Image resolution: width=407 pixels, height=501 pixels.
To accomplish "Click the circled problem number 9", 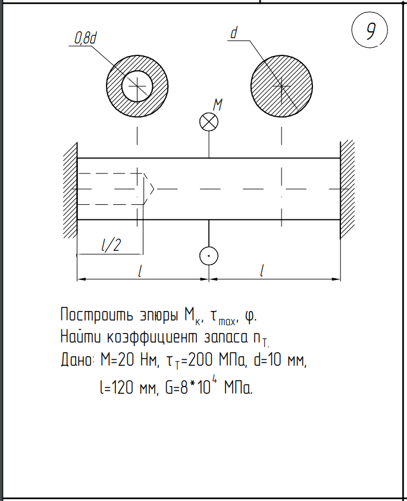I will point(370,31).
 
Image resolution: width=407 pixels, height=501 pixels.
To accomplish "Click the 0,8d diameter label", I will point(85,39).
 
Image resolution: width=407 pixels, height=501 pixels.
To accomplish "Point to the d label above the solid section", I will point(233,34).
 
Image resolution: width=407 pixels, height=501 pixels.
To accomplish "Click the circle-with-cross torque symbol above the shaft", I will point(208,122).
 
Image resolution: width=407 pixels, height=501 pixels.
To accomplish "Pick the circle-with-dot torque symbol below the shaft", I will point(208,256).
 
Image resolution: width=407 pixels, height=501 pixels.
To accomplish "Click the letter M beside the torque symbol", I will point(218,105).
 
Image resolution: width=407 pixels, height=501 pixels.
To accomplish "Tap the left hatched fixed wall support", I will point(70,188).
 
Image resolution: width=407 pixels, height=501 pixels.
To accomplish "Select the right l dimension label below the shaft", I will point(262,270).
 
